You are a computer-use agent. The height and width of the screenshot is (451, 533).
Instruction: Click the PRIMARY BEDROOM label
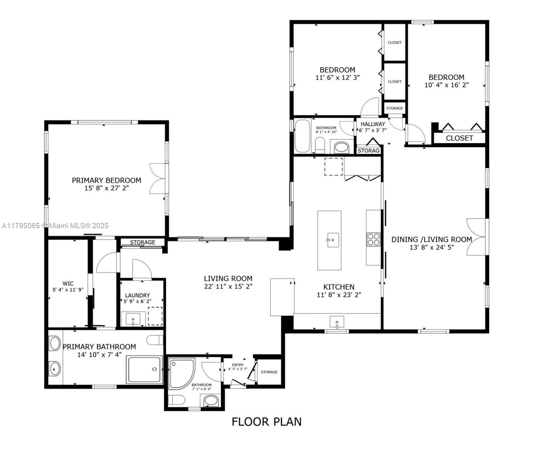106,180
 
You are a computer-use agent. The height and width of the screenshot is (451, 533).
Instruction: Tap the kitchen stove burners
374,239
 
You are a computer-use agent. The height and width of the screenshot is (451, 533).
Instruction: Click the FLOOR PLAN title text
266,422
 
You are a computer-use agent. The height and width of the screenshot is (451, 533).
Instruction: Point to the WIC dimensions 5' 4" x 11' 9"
68,290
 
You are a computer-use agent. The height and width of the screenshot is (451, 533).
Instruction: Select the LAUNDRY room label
137,295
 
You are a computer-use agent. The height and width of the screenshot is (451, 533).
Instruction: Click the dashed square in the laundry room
155,316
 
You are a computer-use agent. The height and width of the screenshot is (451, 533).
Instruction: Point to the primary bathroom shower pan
145,369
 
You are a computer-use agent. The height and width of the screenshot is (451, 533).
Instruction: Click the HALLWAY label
373,124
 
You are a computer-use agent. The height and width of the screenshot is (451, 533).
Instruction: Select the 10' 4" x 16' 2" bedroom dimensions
446,85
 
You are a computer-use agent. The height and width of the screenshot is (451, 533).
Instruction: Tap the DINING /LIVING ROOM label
431,239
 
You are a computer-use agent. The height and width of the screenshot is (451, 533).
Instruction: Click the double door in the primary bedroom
158,179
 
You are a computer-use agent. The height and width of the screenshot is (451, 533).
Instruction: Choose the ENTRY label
238,365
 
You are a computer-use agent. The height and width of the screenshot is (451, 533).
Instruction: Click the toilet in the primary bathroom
155,340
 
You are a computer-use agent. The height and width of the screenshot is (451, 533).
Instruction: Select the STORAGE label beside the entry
269,372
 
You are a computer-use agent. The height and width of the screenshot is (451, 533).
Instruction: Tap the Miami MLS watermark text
55,225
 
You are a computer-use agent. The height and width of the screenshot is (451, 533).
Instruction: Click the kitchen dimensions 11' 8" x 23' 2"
339,295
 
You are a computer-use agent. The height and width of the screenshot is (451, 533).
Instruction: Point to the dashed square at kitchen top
334,166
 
